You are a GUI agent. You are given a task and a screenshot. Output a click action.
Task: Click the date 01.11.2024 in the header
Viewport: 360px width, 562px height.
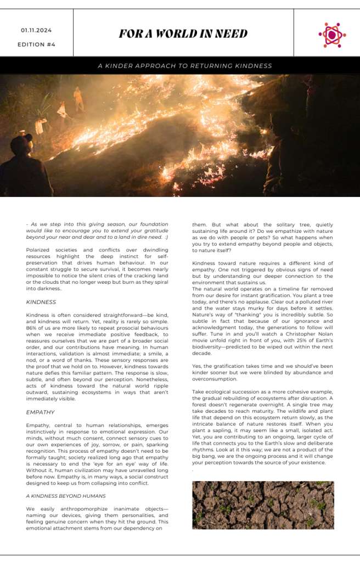coord(36,30)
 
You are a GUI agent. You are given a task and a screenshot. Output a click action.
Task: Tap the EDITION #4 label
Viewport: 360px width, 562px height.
coord(36,44)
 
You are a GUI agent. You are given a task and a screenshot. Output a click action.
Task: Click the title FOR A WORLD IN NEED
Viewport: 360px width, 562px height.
coord(183,34)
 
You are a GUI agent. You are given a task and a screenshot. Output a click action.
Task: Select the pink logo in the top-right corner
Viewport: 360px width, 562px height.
coord(331,35)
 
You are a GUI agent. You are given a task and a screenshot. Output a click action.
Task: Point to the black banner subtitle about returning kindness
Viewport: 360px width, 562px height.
coord(184,66)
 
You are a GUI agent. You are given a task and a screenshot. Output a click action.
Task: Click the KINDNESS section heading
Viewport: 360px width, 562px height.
coord(41,302)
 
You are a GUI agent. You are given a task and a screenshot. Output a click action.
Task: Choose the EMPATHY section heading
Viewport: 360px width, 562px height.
coord(40,412)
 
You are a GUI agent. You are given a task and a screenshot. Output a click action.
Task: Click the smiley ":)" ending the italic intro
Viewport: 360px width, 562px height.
coord(165,237)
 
